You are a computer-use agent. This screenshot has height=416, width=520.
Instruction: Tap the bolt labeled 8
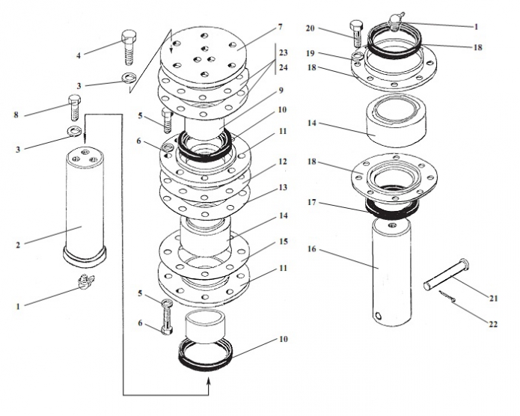(x=74, y=108)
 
